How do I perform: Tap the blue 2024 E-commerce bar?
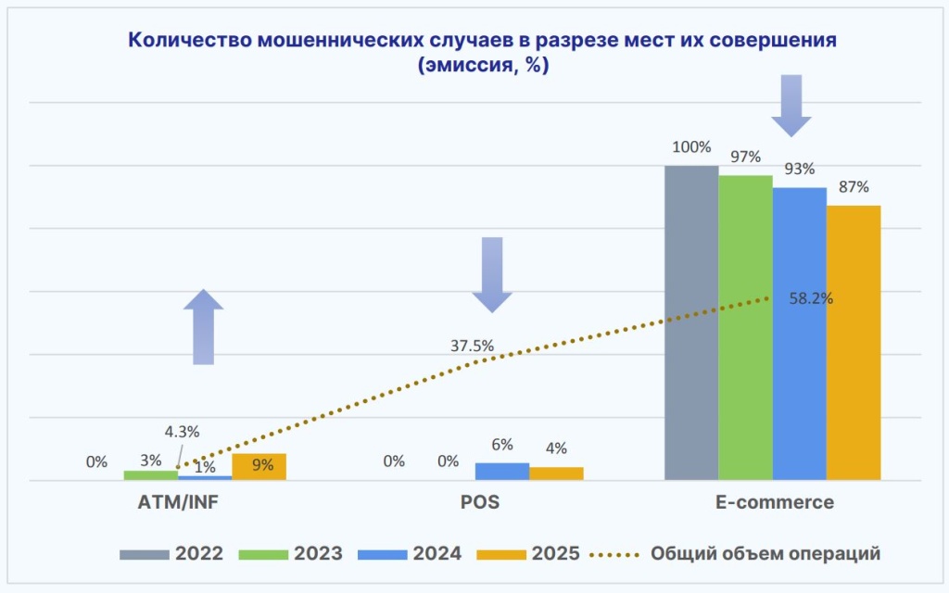tap(799, 334)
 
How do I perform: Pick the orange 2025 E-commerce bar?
tap(853, 342)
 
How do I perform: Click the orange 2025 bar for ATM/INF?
tap(259, 466)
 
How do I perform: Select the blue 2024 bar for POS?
tap(502, 471)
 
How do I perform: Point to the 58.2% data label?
tap(811, 298)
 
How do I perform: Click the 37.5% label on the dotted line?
tap(472, 346)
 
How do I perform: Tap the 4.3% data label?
tap(183, 431)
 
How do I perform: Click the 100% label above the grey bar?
tap(691, 147)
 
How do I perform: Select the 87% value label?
tap(853, 187)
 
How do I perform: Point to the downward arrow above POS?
tap(491, 274)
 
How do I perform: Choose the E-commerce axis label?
tap(774, 503)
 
